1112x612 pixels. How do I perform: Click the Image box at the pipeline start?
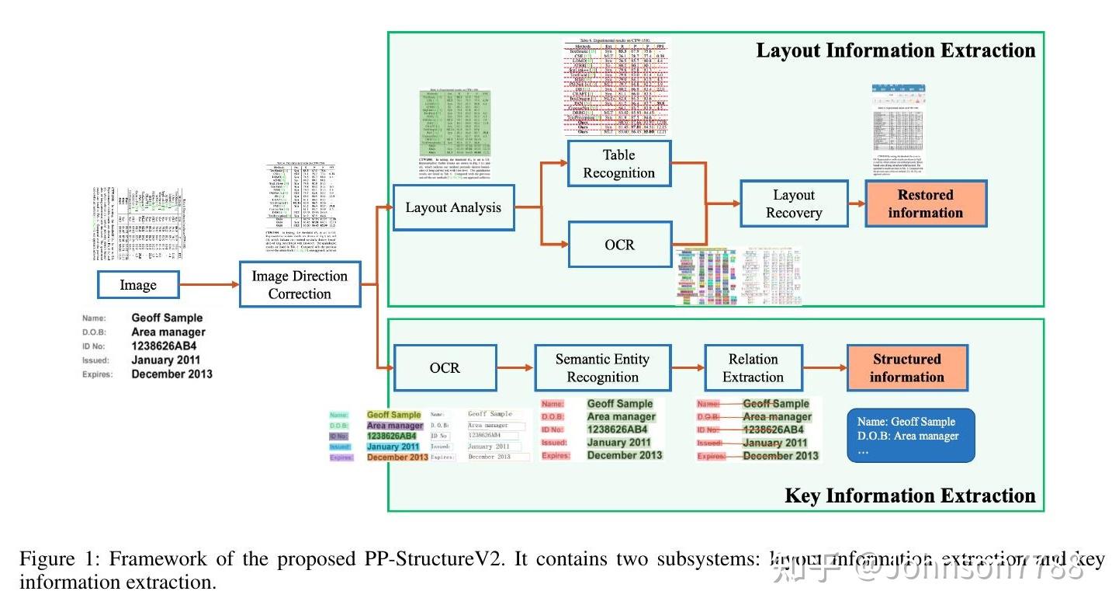[x=138, y=285]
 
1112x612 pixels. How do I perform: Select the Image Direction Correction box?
[x=300, y=285]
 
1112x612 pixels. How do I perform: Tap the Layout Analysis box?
[x=453, y=207]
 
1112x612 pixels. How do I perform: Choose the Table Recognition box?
[x=618, y=164]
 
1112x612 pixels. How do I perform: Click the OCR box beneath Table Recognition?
[x=619, y=245]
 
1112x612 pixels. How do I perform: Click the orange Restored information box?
[x=925, y=204]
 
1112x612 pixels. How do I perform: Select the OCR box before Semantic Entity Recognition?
[x=445, y=367]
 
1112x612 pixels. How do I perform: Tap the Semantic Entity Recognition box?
[x=602, y=368]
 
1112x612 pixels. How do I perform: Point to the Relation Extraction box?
[x=753, y=368]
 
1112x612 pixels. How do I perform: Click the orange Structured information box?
[x=906, y=368]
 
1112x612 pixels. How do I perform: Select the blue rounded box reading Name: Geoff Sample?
[x=910, y=436]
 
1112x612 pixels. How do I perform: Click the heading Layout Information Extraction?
[x=895, y=51]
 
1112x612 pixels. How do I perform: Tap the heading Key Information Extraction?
[x=909, y=496]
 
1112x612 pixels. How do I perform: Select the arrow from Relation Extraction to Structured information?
[x=823, y=368]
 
